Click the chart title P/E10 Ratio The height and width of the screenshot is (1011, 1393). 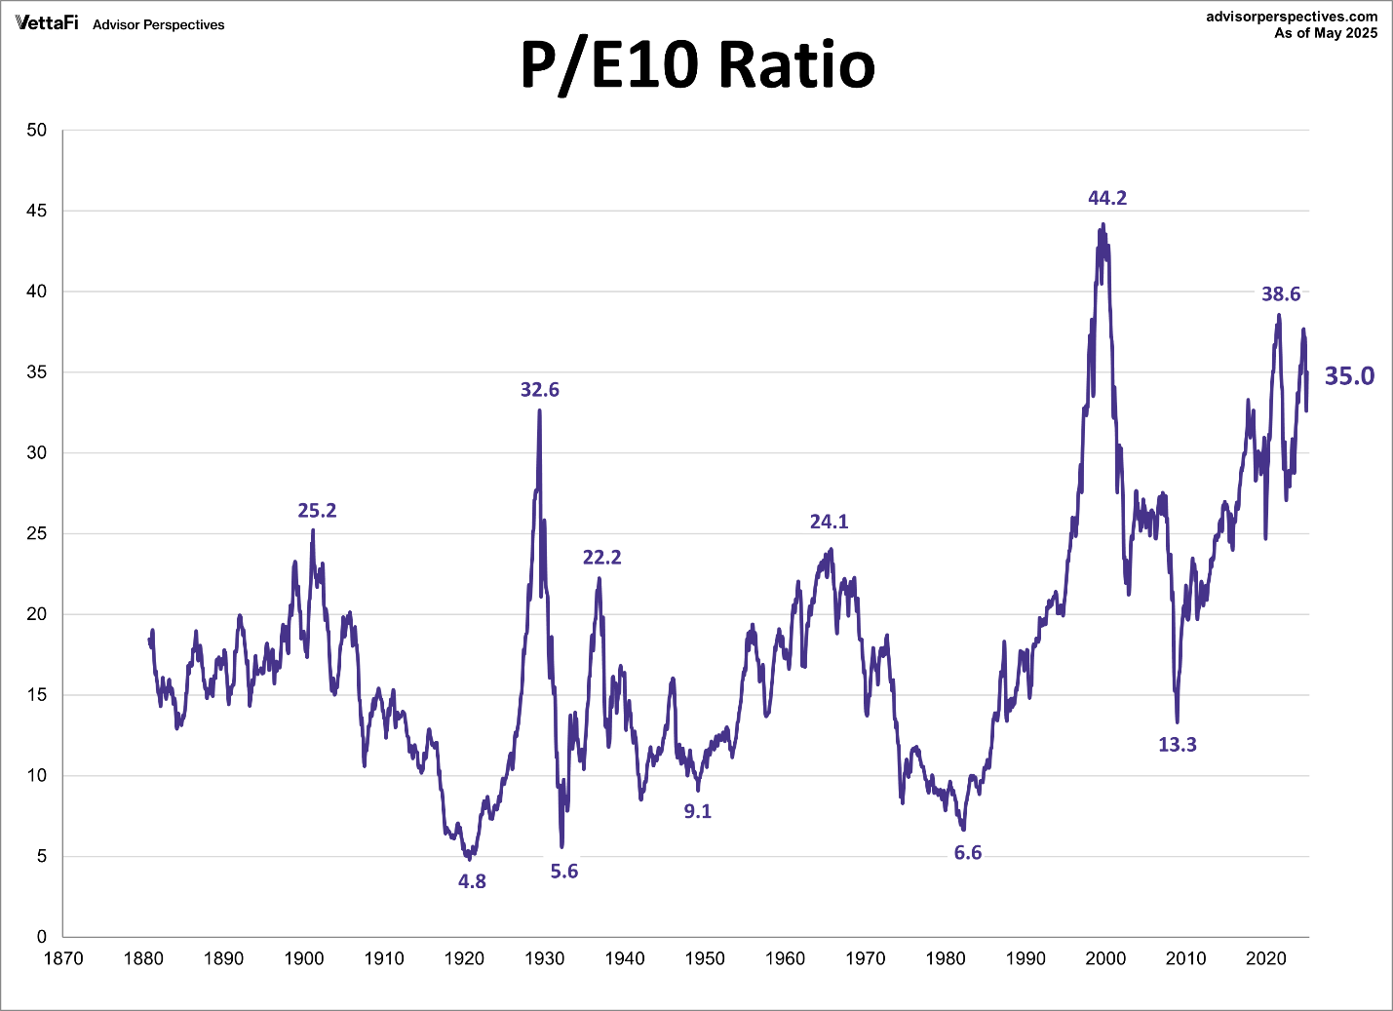pyautogui.click(x=697, y=65)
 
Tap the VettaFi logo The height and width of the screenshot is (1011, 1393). pyautogui.click(x=47, y=22)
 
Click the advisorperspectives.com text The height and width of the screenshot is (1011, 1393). pyautogui.click(x=1292, y=17)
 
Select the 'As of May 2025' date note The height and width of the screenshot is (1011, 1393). pyautogui.click(x=1326, y=33)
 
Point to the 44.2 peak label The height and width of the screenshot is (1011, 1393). pyautogui.click(x=1107, y=198)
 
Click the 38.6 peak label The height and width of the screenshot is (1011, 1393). pyautogui.click(x=1281, y=294)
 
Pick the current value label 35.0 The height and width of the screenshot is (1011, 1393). pyautogui.click(x=1349, y=376)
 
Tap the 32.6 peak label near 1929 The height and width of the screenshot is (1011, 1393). pyautogui.click(x=540, y=390)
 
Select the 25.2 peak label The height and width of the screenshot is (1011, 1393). pyautogui.click(x=317, y=511)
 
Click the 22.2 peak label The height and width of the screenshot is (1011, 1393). pyautogui.click(x=601, y=558)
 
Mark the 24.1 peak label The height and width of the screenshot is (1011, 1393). pyautogui.click(x=830, y=523)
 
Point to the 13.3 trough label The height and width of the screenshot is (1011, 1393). pyautogui.click(x=1177, y=745)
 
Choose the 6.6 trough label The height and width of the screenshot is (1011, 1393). pyautogui.click(x=968, y=853)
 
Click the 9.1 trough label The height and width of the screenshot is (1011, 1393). pyautogui.click(x=698, y=811)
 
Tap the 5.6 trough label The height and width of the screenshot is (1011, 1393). pyautogui.click(x=564, y=872)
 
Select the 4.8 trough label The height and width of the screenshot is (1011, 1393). pyautogui.click(x=472, y=881)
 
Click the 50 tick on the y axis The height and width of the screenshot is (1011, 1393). pyautogui.click(x=37, y=131)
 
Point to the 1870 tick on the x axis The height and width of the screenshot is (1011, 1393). pyautogui.click(x=63, y=958)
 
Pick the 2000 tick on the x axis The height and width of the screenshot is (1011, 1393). pyautogui.click(x=1106, y=958)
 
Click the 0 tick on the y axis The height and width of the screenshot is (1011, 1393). pyautogui.click(x=42, y=937)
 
